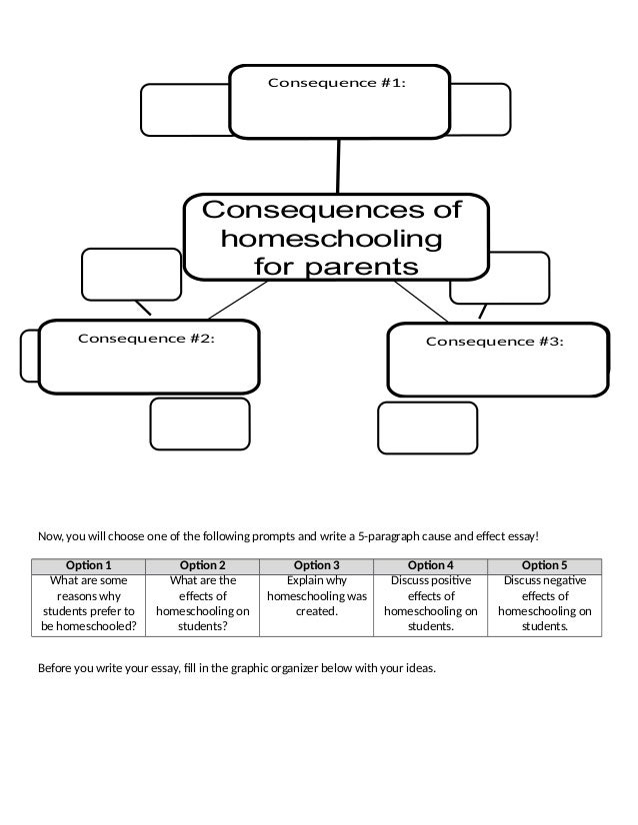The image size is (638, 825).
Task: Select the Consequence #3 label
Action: coord(495,342)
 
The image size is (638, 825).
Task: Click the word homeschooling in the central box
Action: coord(331,240)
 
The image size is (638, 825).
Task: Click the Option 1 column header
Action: coord(89,564)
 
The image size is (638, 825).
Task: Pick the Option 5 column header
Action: coord(545,564)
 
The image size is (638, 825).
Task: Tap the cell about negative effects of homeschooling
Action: coord(545,603)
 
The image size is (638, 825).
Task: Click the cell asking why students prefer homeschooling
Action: coord(89,603)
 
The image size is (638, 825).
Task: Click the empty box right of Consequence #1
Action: coord(480,108)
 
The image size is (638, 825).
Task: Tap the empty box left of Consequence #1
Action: coord(185,110)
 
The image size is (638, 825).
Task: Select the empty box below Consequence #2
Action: coord(199,423)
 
